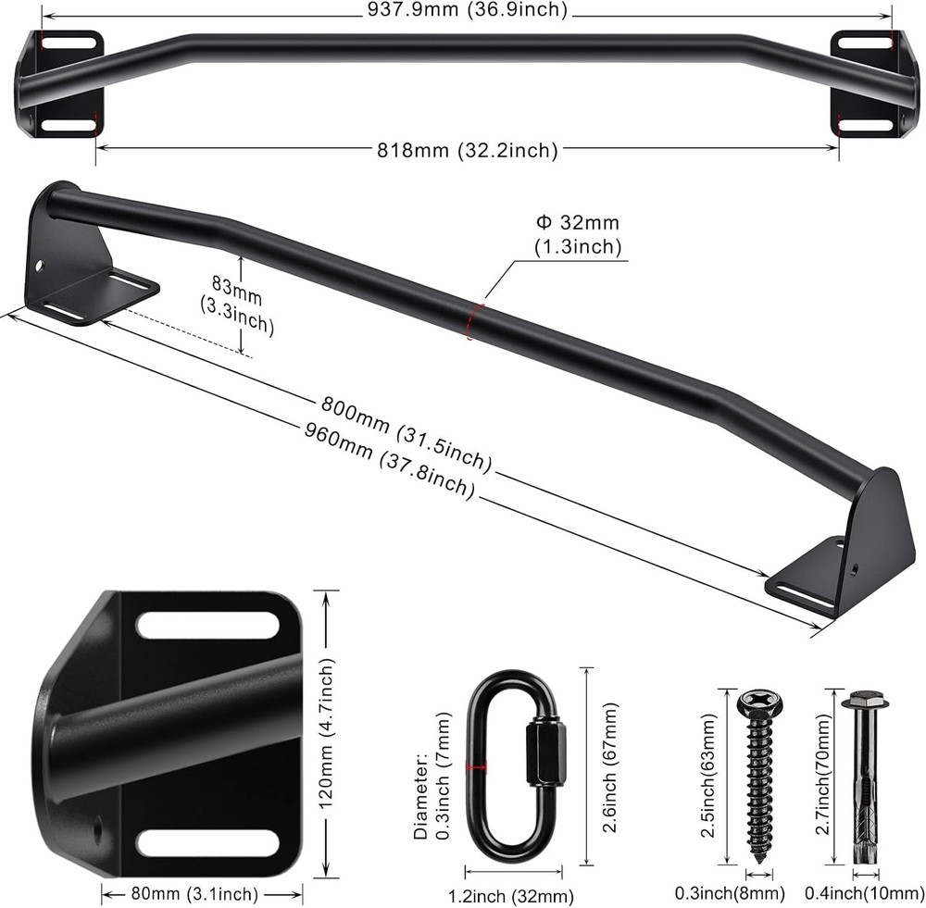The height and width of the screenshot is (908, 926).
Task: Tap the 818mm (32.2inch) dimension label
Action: click(x=467, y=149)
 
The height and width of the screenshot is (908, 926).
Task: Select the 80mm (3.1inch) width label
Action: click(x=201, y=893)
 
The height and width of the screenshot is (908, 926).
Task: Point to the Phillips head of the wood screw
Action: click(x=760, y=702)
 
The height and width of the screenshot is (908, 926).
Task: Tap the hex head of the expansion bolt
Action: click(x=864, y=701)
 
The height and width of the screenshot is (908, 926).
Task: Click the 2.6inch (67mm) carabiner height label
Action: click(x=608, y=767)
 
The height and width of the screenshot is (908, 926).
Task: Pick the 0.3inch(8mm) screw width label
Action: click(x=731, y=893)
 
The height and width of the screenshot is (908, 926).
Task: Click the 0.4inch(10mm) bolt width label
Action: click(x=866, y=893)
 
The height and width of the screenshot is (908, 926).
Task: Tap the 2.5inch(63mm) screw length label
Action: click(x=709, y=776)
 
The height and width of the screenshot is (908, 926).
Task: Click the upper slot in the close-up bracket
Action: click(x=207, y=625)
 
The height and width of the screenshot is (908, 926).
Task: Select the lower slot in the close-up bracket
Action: click(x=207, y=842)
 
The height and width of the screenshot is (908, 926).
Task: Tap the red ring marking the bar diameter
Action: click(x=474, y=318)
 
